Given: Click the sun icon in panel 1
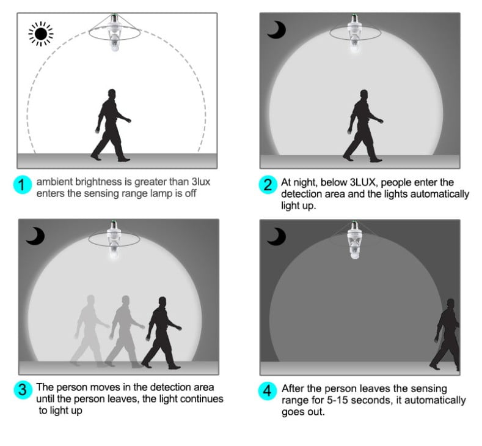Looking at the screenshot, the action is [41, 34].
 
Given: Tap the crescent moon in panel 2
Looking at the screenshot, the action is [277, 30].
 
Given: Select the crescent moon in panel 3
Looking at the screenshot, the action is [35, 236].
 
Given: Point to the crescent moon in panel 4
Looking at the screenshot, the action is [277, 237].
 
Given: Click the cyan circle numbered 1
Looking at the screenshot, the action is [23, 185].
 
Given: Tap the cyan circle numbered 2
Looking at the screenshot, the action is [268, 185].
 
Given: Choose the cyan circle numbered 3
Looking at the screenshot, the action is [23, 390].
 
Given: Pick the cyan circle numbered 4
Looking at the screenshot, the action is [267, 391].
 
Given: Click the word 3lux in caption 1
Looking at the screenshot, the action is [201, 182].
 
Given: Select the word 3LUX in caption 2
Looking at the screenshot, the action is [362, 182].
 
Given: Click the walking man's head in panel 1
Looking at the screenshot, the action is [112, 94].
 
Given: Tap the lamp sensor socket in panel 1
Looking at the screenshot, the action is [114, 32].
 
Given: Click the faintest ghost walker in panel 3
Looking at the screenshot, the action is [89, 331].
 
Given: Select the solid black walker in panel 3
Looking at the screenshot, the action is [162, 333].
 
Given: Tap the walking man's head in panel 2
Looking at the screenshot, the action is [364, 95].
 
